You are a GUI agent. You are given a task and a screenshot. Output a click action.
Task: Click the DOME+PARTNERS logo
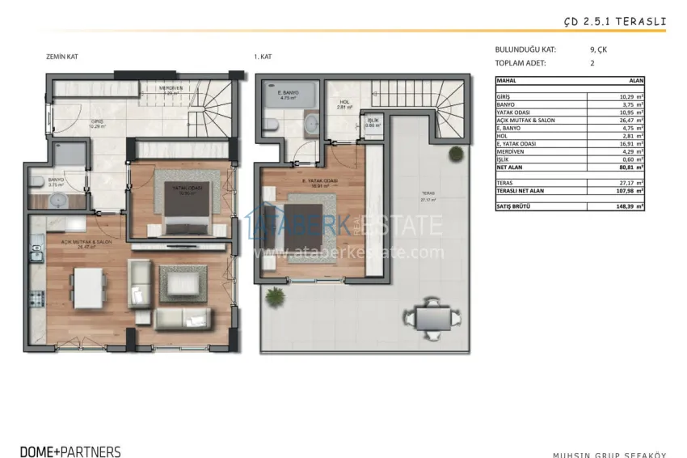point(70,452)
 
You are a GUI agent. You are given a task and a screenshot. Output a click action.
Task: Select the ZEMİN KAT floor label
point(62,57)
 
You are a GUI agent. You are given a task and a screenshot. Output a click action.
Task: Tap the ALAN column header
point(636,81)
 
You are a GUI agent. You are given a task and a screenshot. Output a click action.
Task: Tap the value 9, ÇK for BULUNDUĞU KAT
point(602,49)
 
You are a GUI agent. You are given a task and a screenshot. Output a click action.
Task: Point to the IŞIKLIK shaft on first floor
point(373,123)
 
